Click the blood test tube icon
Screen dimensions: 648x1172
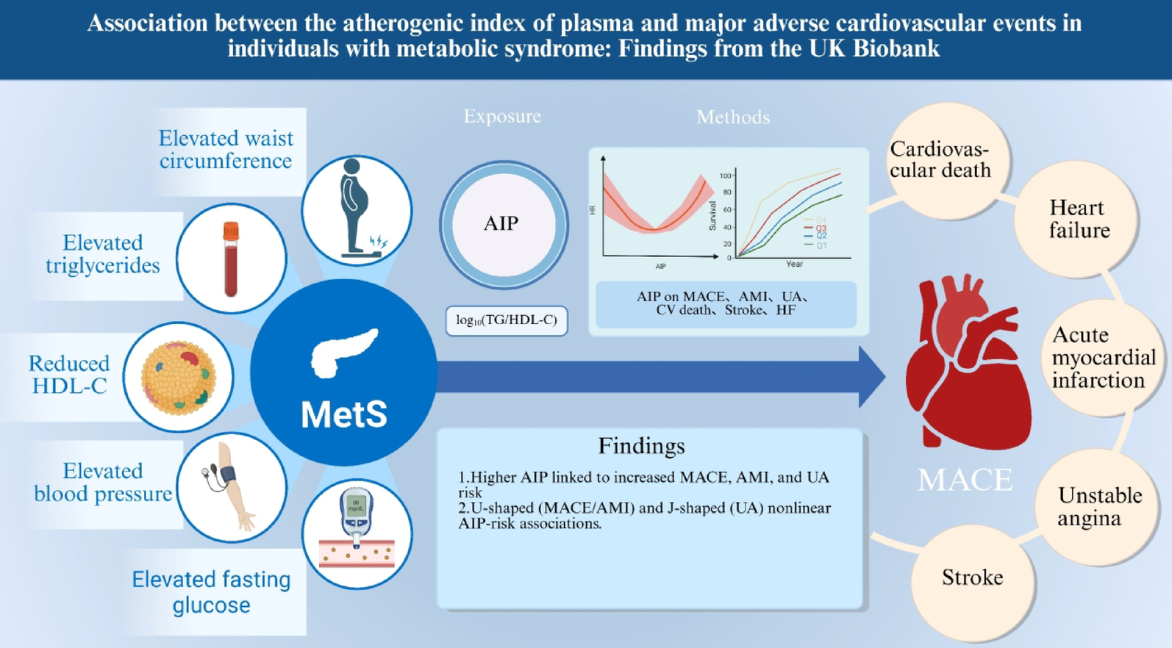tap(231, 259)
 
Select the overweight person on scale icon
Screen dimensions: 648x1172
tap(357, 209)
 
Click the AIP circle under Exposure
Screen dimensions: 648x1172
tap(503, 224)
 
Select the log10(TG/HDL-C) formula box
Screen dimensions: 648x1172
tap(506, 320)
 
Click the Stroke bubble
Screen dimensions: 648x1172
tap(972, 578)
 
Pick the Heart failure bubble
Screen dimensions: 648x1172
tap(1078, 219)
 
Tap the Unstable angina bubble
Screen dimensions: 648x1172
tap(1098, 507)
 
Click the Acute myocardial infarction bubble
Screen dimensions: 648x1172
tap(1102, 358)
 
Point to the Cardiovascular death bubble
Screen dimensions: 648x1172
tap(940, 159)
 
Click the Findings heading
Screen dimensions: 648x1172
tap(641, 446)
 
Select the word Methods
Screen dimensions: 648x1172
tap(733, 118)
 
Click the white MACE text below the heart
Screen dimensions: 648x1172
tap(965, 480)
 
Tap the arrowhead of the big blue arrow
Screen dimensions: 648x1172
tap(872, 377)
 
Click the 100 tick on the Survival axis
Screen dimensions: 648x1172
tap(726, 176)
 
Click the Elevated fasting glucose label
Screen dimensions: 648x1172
tap(211, 592)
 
